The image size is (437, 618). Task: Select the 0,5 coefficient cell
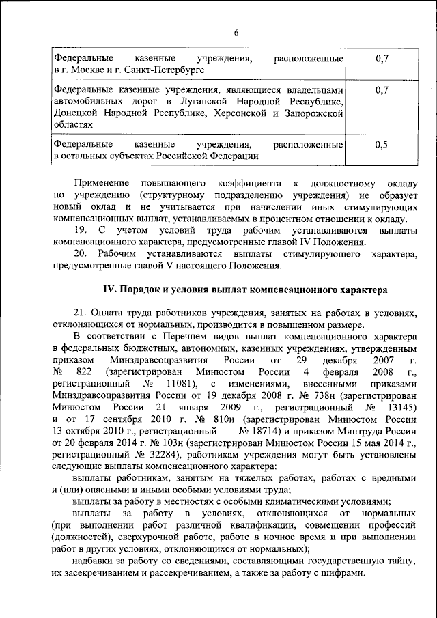[382, 145]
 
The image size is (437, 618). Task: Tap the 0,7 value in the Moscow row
[382, 59]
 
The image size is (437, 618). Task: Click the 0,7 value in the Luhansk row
[382, 89]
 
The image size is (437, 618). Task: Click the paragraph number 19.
[81, 230]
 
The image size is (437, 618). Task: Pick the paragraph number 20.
[81, 254]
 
